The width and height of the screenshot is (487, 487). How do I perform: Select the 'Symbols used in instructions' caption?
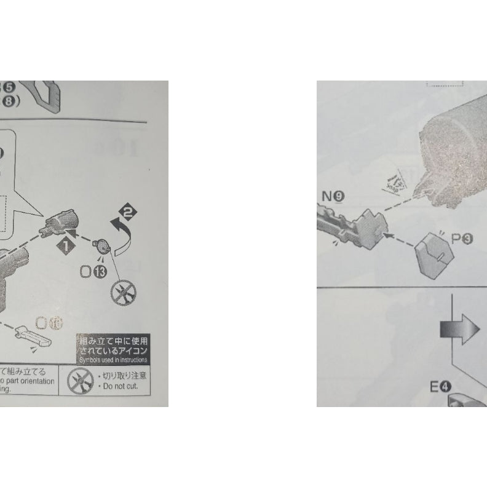[113, 358]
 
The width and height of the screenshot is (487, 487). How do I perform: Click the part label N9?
[333, 197]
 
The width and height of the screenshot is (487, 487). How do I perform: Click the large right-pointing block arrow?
[459, 330]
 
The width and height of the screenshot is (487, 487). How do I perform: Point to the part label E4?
[441, 387]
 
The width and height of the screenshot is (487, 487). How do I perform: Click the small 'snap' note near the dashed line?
[391, 181]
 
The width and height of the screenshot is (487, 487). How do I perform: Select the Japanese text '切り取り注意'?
[126, 375]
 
